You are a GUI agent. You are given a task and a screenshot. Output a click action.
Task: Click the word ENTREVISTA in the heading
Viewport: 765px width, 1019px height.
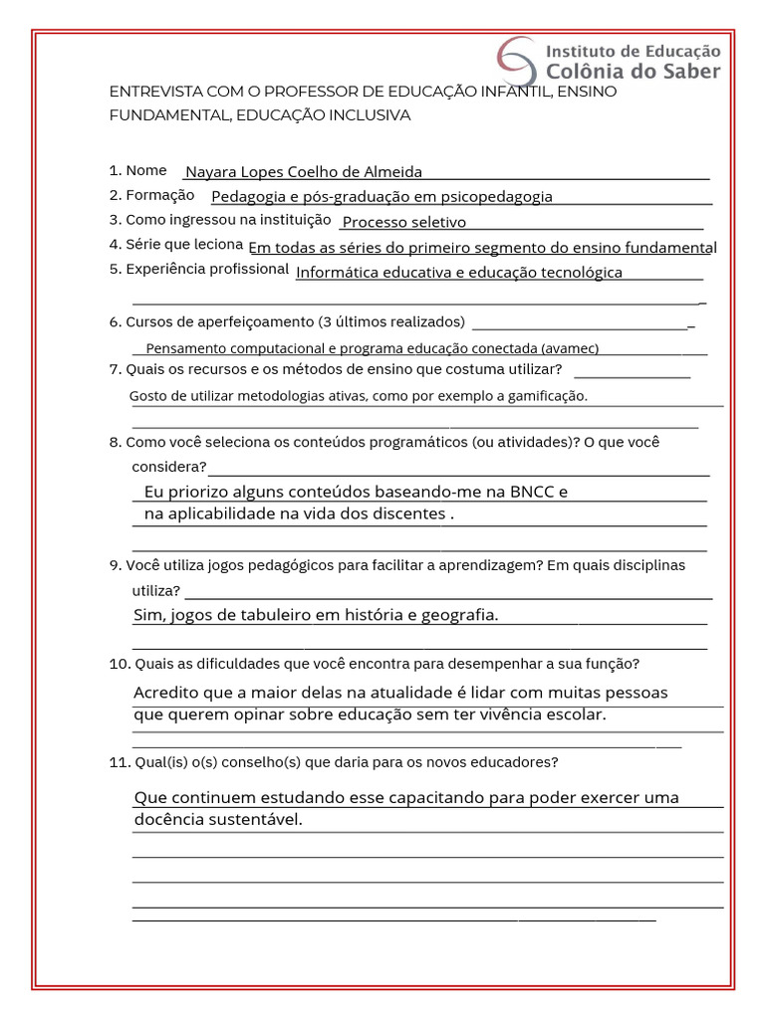click(x=152, y=92)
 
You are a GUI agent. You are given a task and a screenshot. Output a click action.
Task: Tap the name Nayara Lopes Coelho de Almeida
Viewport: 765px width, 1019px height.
click(x=304, y=172)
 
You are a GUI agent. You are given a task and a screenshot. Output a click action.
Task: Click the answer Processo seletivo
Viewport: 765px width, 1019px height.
click(x=403, y=222)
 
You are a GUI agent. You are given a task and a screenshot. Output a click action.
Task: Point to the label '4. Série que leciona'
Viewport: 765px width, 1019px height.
click(x=176, y=244)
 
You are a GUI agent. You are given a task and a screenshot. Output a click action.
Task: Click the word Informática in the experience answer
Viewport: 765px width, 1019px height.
click(x=337, y=272)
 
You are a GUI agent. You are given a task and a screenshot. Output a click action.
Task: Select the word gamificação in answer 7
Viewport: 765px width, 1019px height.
click(x=544, y=396)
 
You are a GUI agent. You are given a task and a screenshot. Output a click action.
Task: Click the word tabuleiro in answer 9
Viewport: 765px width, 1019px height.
click(x=269, y=615)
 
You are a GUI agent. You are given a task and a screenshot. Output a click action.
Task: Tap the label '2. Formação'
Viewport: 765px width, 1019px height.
click(x=152, y=195)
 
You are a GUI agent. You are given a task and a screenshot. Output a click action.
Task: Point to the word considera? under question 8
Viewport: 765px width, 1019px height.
click(x=169, y=467)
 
